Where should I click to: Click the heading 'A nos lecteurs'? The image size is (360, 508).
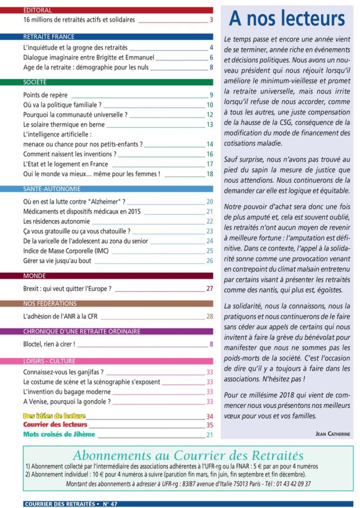(287, 19)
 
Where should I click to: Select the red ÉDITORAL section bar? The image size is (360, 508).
(118, 10)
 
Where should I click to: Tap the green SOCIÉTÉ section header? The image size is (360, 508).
(118, 82)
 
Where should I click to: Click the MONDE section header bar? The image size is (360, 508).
(118, 276)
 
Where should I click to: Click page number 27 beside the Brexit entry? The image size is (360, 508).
(210, 288)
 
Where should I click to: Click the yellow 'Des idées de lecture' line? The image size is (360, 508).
(55, 416)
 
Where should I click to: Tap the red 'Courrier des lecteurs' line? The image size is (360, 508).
(55, 425)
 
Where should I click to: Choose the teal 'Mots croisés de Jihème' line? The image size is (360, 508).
(59, 434)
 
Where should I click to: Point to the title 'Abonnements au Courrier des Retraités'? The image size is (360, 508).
(188, 455)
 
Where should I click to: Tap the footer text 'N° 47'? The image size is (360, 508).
(110, 504)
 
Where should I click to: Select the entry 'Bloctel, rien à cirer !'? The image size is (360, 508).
(49, 344)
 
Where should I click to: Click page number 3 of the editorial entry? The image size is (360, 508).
(211, 20)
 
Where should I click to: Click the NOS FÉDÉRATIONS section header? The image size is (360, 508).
(118, 304)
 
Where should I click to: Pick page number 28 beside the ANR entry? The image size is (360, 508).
(210, 316)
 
